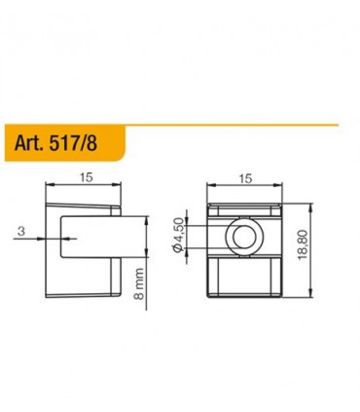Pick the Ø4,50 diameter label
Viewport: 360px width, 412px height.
pyautogui.click(x=178, y=237)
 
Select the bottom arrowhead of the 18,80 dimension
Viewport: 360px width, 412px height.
pyautogui.click(x=310, y=298)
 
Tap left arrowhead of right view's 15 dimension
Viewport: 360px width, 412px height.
pyautogui.click(x=210, y=187)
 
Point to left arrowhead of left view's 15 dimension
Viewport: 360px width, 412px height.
pyautogui.click(x=51, y=187)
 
